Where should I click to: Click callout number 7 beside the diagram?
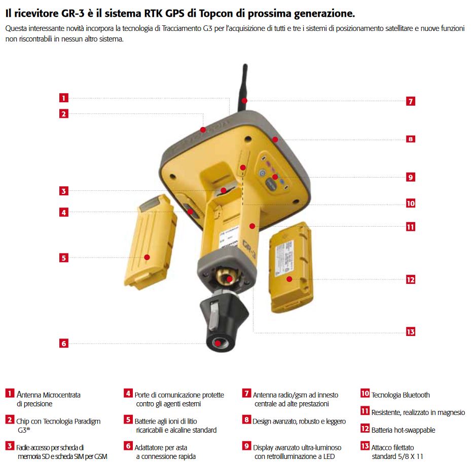tap(411, 101)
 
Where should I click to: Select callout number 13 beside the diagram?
tap(411, 331)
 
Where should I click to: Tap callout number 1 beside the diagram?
tap(63, 98)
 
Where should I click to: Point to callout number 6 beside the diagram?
tap(63, 343)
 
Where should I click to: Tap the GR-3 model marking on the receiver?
tap(249, 249)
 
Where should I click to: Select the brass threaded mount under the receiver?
tap(229, 277)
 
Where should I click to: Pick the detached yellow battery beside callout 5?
tap(151, 242)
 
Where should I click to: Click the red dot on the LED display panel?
tap(275, 177)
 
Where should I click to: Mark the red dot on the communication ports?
tap(190, 212)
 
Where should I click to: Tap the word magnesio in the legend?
tap(450, 413)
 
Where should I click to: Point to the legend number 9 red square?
tap(247, 446)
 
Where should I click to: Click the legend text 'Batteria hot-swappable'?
tap(403, 430)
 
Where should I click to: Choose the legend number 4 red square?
tap(128, 393)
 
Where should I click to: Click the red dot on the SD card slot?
tap(223, 190)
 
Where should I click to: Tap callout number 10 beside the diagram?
tap(411, 203)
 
